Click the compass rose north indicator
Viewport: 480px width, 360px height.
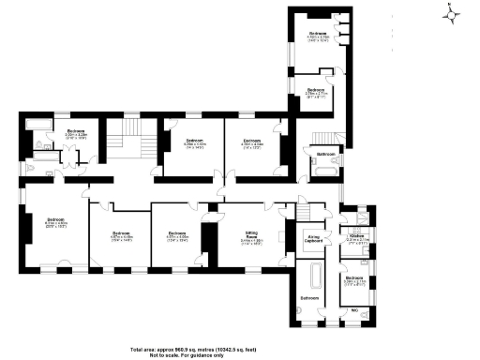pyautogui.click(x=452, y=14)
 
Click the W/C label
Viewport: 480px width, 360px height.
pyautogui.click(x=355, y=308)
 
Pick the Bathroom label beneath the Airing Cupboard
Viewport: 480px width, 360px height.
pyautogui.click(x=308, y=298)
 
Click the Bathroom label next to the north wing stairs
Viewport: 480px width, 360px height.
pyautogui.click(x=324, y=153)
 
